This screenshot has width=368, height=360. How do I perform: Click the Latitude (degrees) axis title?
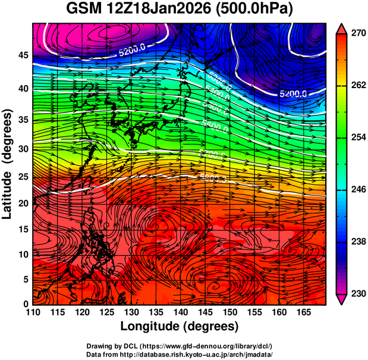[8, 165]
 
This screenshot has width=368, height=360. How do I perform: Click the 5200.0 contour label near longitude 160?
[293, 93]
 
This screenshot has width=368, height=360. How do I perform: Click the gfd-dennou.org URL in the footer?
[201, 346]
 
